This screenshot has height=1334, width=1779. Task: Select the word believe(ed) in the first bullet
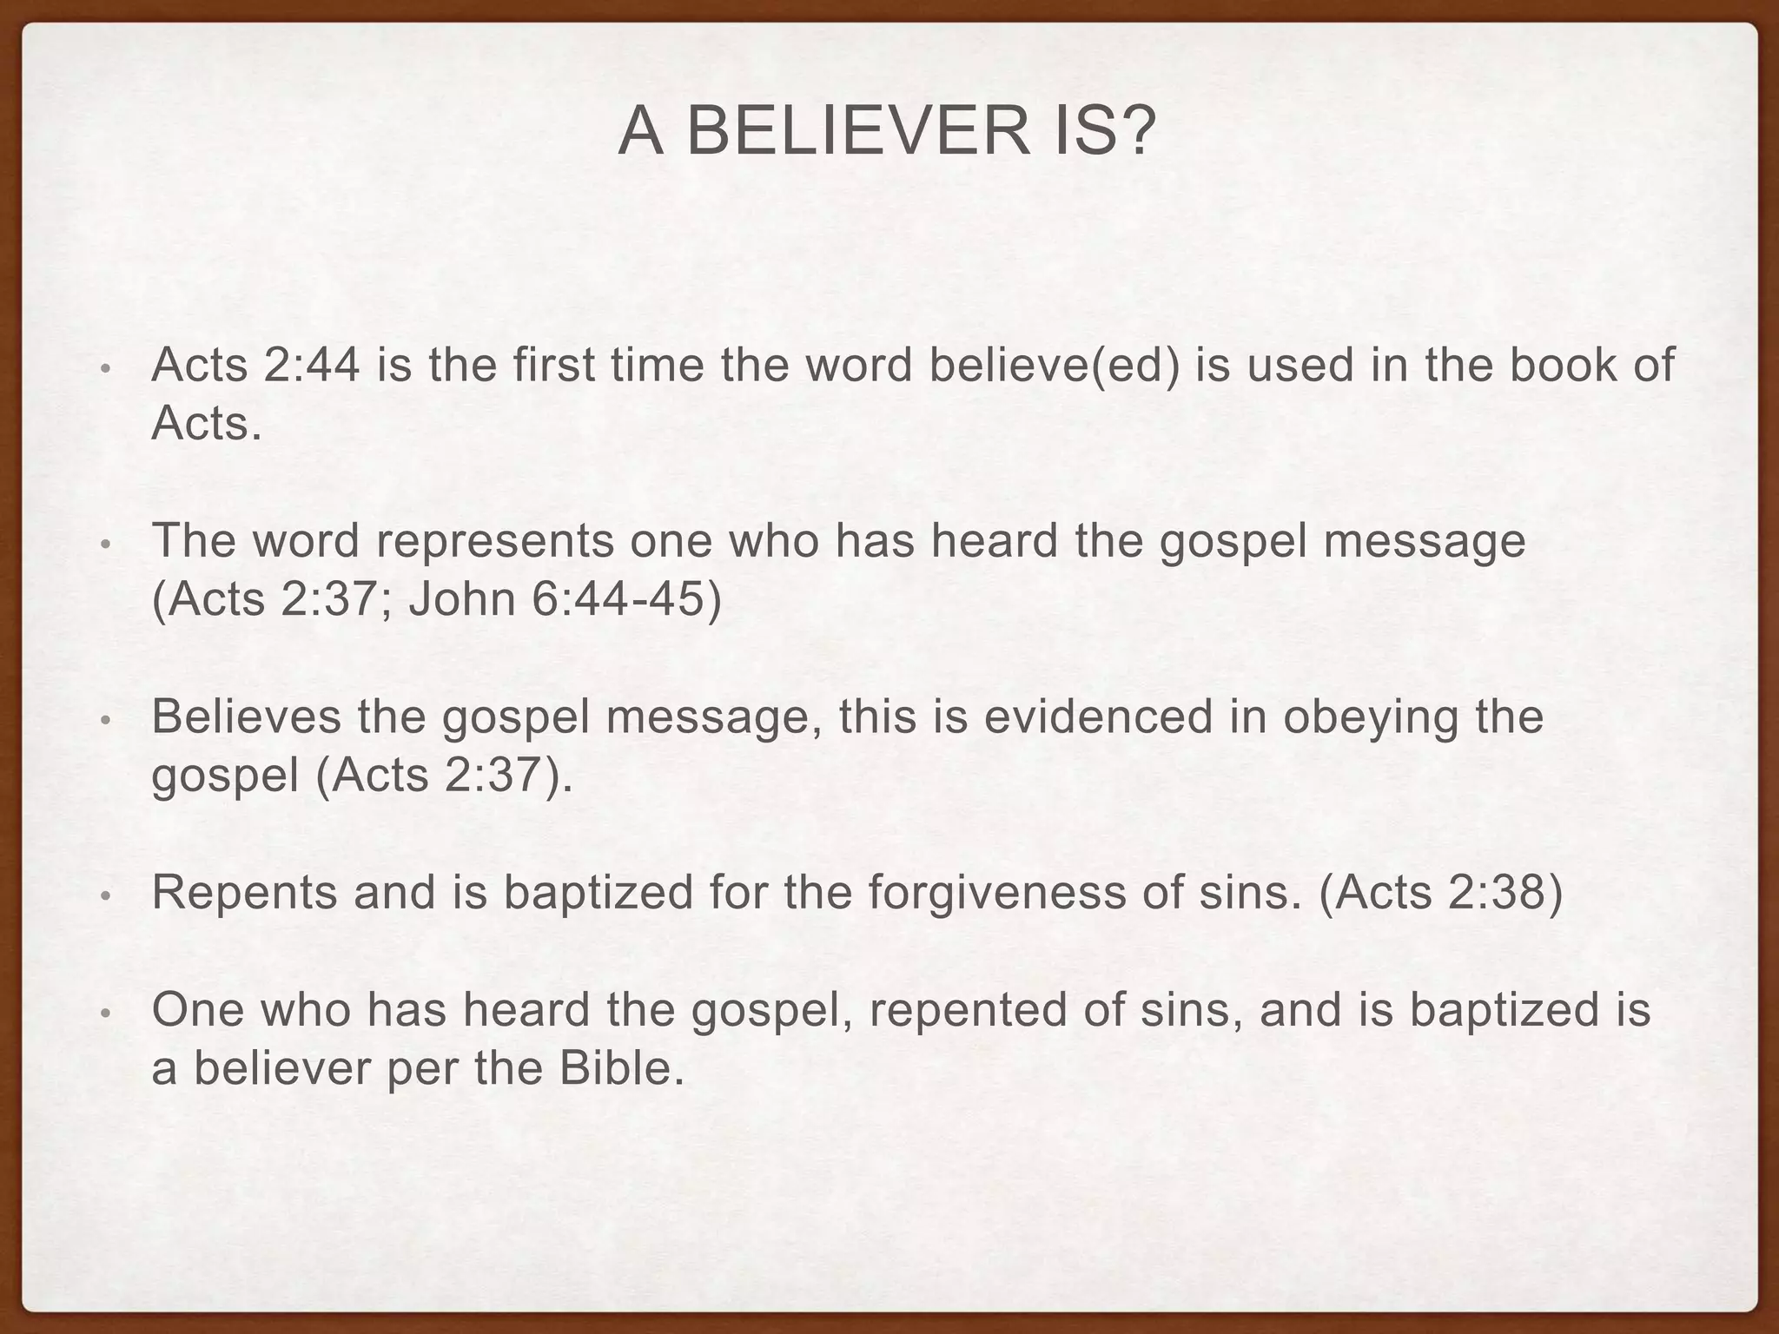tap(1055, 365)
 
